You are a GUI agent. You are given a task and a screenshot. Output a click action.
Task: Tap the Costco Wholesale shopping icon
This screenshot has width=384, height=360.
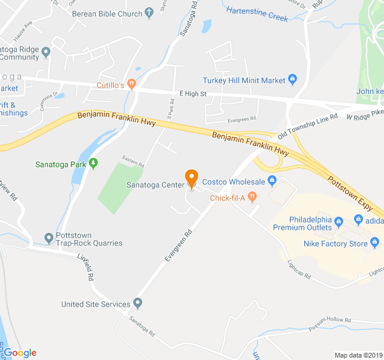[x=271, y=180]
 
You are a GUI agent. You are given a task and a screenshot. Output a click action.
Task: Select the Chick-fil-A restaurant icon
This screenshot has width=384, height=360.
[x=252, y=196]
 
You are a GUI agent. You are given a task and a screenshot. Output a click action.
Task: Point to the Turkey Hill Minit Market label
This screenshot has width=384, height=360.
[x=244, y=80]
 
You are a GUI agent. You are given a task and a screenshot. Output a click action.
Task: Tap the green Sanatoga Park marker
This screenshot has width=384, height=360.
[x=93, y=163]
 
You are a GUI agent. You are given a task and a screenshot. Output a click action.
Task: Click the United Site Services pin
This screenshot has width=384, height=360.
[x=138, y=303]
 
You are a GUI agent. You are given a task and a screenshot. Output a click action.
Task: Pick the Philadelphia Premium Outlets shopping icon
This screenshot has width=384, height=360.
[x=338, y=223]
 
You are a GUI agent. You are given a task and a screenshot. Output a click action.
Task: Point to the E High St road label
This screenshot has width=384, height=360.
[x=193, y=94]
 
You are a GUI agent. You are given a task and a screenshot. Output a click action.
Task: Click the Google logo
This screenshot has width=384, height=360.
[x=20, y=352]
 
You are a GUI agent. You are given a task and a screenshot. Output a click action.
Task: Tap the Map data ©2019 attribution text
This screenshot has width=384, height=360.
[x=357, y=355]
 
